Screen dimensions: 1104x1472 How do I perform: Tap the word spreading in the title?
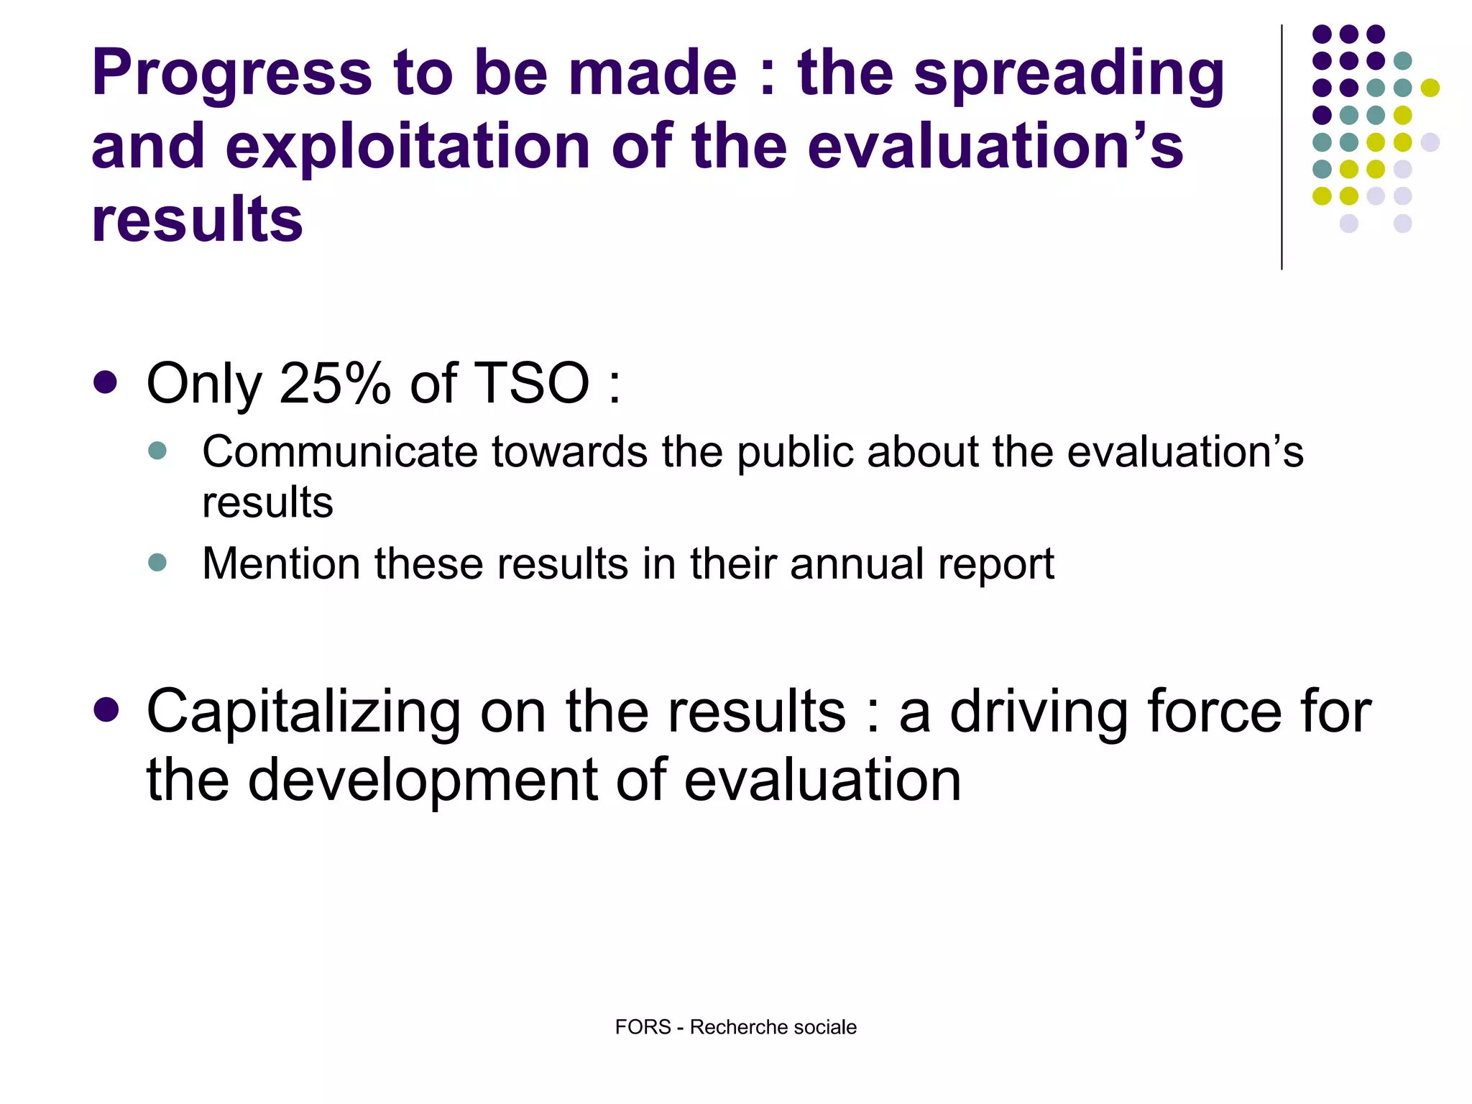(x=1069, y=75)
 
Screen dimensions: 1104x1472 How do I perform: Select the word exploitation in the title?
(x=412, y=147)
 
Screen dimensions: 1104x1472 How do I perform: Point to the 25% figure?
(x=335, y=383)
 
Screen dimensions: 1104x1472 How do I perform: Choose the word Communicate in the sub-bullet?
(x=340, y=452)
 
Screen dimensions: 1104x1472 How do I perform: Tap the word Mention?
(x=280, y=563)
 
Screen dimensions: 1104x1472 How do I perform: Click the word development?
(x=423, y=781)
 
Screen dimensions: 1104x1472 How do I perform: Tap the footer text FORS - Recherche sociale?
(x=735, y=1027)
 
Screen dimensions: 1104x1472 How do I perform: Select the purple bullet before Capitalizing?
(x=106, y=710)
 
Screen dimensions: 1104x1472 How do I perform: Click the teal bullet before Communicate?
(x=157, y=451)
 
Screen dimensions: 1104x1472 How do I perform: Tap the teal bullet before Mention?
(x=157, y=562)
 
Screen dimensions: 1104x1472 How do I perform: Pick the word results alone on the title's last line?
(x=197, y=220)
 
